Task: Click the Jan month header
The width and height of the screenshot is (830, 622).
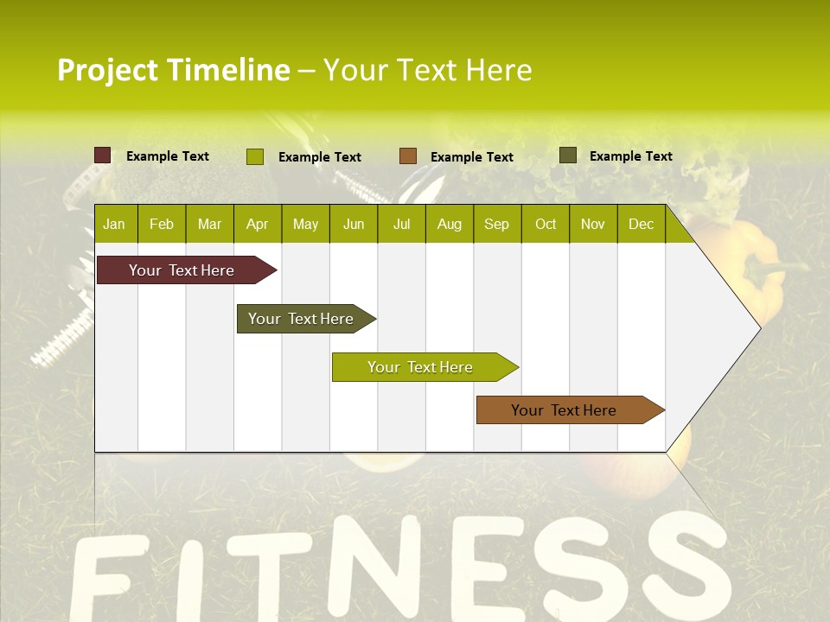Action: (x=114, y=224)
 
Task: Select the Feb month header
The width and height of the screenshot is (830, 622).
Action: (x=162, y=224)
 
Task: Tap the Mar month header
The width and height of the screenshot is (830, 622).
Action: (x=209, y=224)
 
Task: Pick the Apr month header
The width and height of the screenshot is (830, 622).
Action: (x=258, y=224)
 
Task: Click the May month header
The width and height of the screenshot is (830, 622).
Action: (x=305, y=224)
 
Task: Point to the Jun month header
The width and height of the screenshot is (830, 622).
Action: (x=354, y=224)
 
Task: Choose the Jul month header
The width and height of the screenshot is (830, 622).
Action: (x=401, y=224)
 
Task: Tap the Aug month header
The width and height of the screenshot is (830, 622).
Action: (x=450, y=224)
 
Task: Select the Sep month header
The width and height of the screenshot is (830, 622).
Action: (x=497, y=224)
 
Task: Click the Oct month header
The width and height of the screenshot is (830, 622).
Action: (x=546, y=224)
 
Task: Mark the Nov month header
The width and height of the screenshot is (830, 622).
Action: (x=593, y=224)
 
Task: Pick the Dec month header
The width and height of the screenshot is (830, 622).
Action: (x=642, y=224)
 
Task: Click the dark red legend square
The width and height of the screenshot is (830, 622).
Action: (x=103, y=155)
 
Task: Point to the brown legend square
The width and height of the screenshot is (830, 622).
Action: (x=408, y=156)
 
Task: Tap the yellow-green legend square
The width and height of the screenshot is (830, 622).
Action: (x=255, y=156)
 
